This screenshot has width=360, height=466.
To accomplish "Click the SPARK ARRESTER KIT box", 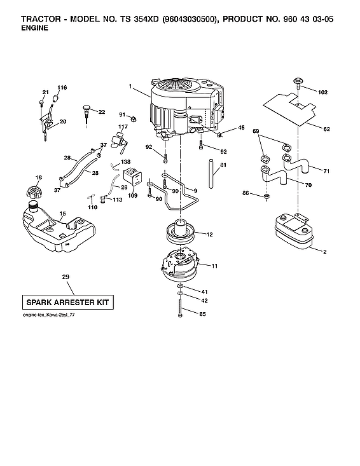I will (66, 302).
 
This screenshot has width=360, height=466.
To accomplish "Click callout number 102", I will (322, 92).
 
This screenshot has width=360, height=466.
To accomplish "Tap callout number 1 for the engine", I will (130, 86).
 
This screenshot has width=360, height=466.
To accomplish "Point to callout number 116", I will (62, 87).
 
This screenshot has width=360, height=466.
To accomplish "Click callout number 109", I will (133, 196).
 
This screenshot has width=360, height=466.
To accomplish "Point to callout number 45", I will (241, 128).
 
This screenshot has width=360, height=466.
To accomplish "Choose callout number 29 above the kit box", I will (66, 277).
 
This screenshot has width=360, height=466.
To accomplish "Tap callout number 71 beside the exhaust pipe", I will (326, 171).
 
